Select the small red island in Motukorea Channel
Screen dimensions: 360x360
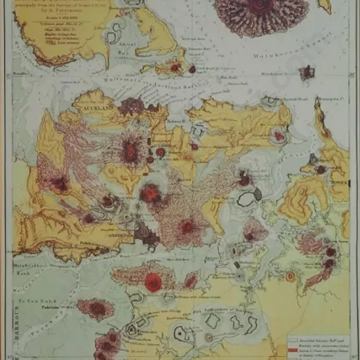307,73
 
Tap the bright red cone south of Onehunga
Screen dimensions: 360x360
153,282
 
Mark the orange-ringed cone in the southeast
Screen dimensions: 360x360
290,276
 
